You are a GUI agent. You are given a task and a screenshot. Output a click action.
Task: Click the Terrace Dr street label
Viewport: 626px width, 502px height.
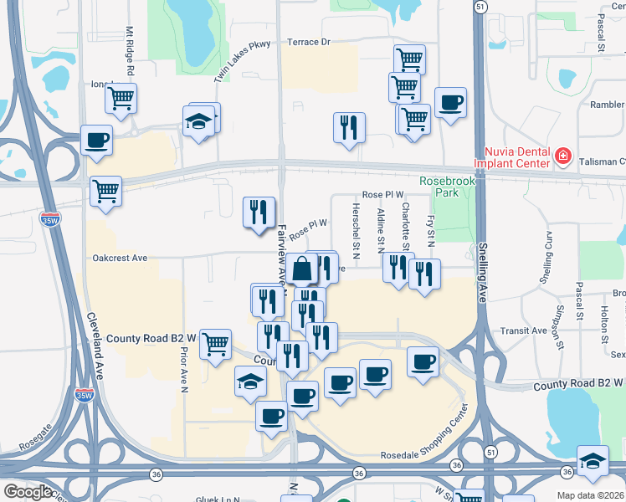pos(310,41)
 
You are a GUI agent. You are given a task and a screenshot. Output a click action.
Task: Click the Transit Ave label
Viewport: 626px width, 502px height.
pos(522,330)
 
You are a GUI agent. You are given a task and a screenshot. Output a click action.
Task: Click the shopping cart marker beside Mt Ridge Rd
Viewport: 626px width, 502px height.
pos(121,97)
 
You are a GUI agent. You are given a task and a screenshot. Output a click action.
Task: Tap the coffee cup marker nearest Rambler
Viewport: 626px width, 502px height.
pos(450,102)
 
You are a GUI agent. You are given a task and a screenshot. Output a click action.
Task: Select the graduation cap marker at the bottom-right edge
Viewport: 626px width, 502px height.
pos(593,462)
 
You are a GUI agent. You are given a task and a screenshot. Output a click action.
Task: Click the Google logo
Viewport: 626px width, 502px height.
pos(27,491)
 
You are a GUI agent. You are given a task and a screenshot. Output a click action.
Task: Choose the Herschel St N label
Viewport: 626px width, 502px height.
pos(356,230)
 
